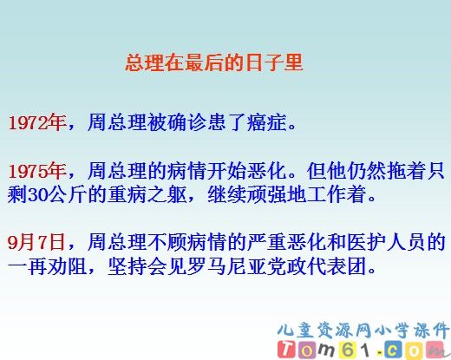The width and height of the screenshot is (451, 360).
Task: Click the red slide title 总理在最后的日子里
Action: (213, 63)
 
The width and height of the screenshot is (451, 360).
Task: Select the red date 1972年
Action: (37, 123)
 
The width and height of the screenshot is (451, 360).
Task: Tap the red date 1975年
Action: (37, 169)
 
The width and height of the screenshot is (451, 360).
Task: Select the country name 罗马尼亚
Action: (234, 262)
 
